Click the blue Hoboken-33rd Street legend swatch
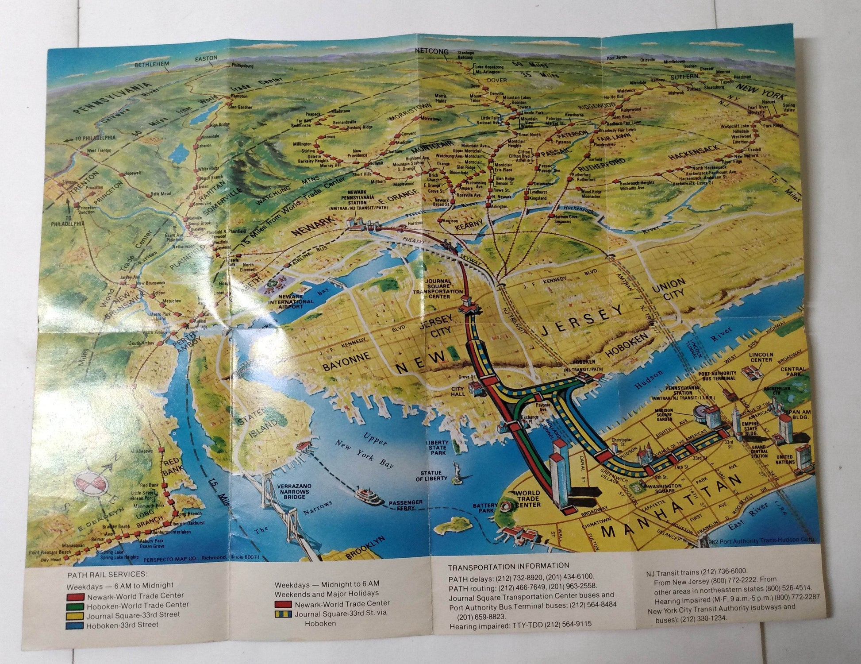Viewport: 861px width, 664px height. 76,625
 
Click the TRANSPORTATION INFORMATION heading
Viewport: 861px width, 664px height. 508,566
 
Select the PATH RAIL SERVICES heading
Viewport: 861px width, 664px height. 107,575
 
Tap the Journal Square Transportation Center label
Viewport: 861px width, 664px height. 438,288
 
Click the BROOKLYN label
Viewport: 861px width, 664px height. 359,548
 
